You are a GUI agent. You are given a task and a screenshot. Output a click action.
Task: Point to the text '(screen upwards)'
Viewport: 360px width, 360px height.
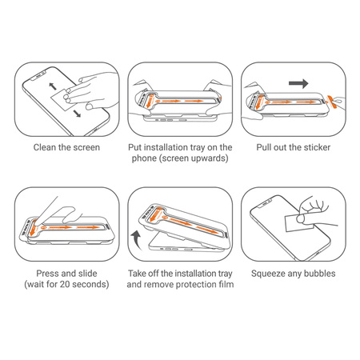point(180,160)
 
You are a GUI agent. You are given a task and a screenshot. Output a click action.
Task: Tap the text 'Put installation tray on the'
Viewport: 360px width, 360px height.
point(180,148)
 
